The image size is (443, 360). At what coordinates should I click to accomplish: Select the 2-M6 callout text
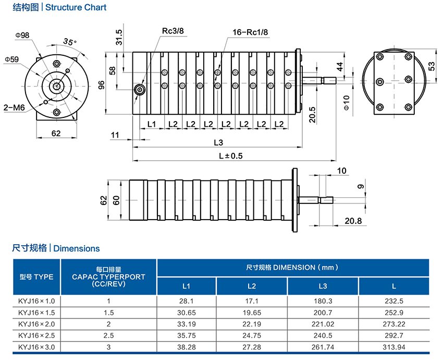pyautogui.click(x=14, y=107)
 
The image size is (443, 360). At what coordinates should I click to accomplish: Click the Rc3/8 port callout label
pyautogui.click(x=173, y=31)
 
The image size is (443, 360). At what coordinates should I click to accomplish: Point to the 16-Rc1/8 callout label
pyautogui.click(x=250, y=32)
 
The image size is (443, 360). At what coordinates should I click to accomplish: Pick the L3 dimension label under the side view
pyautogui.click(x=218, y=143)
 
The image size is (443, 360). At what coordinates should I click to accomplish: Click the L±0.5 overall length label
pyautogui.click(x=231, y=155)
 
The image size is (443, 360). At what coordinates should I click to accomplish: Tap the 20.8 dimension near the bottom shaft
pyautogui.click(x=353, y=221)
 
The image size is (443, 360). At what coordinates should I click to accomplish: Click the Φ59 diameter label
pyautogui.click(x=11, y=59)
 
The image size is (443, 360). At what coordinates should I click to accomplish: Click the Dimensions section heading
pyautogui.click(x=77, y=248)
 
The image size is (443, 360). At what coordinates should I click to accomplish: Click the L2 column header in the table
pyautogui.click(x=251, y=286)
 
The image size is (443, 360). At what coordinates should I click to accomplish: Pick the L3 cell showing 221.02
pyautogui.click(x=323, y=324)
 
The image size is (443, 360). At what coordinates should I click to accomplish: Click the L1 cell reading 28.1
pyautogui.click(x=186, y=301)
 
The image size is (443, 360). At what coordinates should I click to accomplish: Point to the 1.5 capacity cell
pyautogui.click(x=108, y=313)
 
